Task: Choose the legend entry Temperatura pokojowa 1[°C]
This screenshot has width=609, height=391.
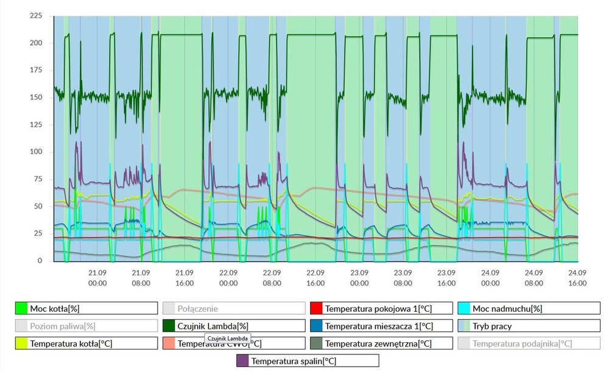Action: coord(381,308)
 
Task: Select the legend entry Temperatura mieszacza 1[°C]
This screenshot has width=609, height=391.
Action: coord(381,326)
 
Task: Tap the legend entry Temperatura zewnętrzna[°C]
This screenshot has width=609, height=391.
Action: coord(381,343)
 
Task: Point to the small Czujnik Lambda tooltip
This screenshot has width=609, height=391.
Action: coord(228,337)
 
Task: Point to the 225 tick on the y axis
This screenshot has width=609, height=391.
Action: coord(36,16)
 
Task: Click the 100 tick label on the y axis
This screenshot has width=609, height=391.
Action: coord(36,152)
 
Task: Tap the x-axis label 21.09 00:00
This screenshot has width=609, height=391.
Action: coord(97,278)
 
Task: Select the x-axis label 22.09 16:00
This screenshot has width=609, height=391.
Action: coord(315,278)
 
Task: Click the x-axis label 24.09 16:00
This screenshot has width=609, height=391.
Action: coord(577,278)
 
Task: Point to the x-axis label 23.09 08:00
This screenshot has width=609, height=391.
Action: coord(403,278)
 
